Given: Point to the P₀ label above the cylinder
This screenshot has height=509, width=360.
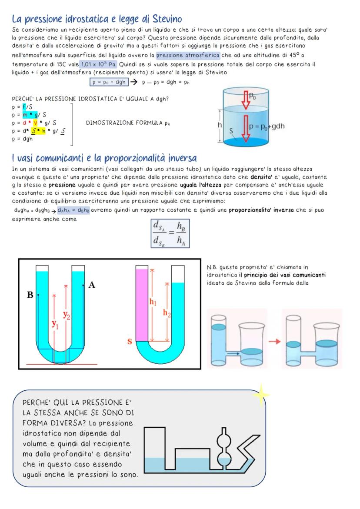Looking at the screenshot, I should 252,96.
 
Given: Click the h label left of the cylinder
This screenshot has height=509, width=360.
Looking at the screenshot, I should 220,124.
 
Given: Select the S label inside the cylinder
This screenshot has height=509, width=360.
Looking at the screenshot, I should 231,130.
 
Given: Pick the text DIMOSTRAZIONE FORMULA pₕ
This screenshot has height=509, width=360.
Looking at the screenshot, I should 129,123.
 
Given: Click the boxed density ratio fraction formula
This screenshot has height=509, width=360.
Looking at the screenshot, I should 169,233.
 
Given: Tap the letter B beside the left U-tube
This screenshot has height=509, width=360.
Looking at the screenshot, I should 30,295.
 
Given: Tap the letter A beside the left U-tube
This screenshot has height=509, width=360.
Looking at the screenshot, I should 92,285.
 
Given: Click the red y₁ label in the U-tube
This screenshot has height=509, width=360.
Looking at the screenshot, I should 55,323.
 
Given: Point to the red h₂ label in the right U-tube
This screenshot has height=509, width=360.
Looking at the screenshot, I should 167,313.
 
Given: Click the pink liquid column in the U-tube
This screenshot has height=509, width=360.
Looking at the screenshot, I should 142,304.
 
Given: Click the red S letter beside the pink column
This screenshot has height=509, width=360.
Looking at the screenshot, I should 130,342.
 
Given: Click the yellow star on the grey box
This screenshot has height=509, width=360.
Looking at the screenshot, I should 261,395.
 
